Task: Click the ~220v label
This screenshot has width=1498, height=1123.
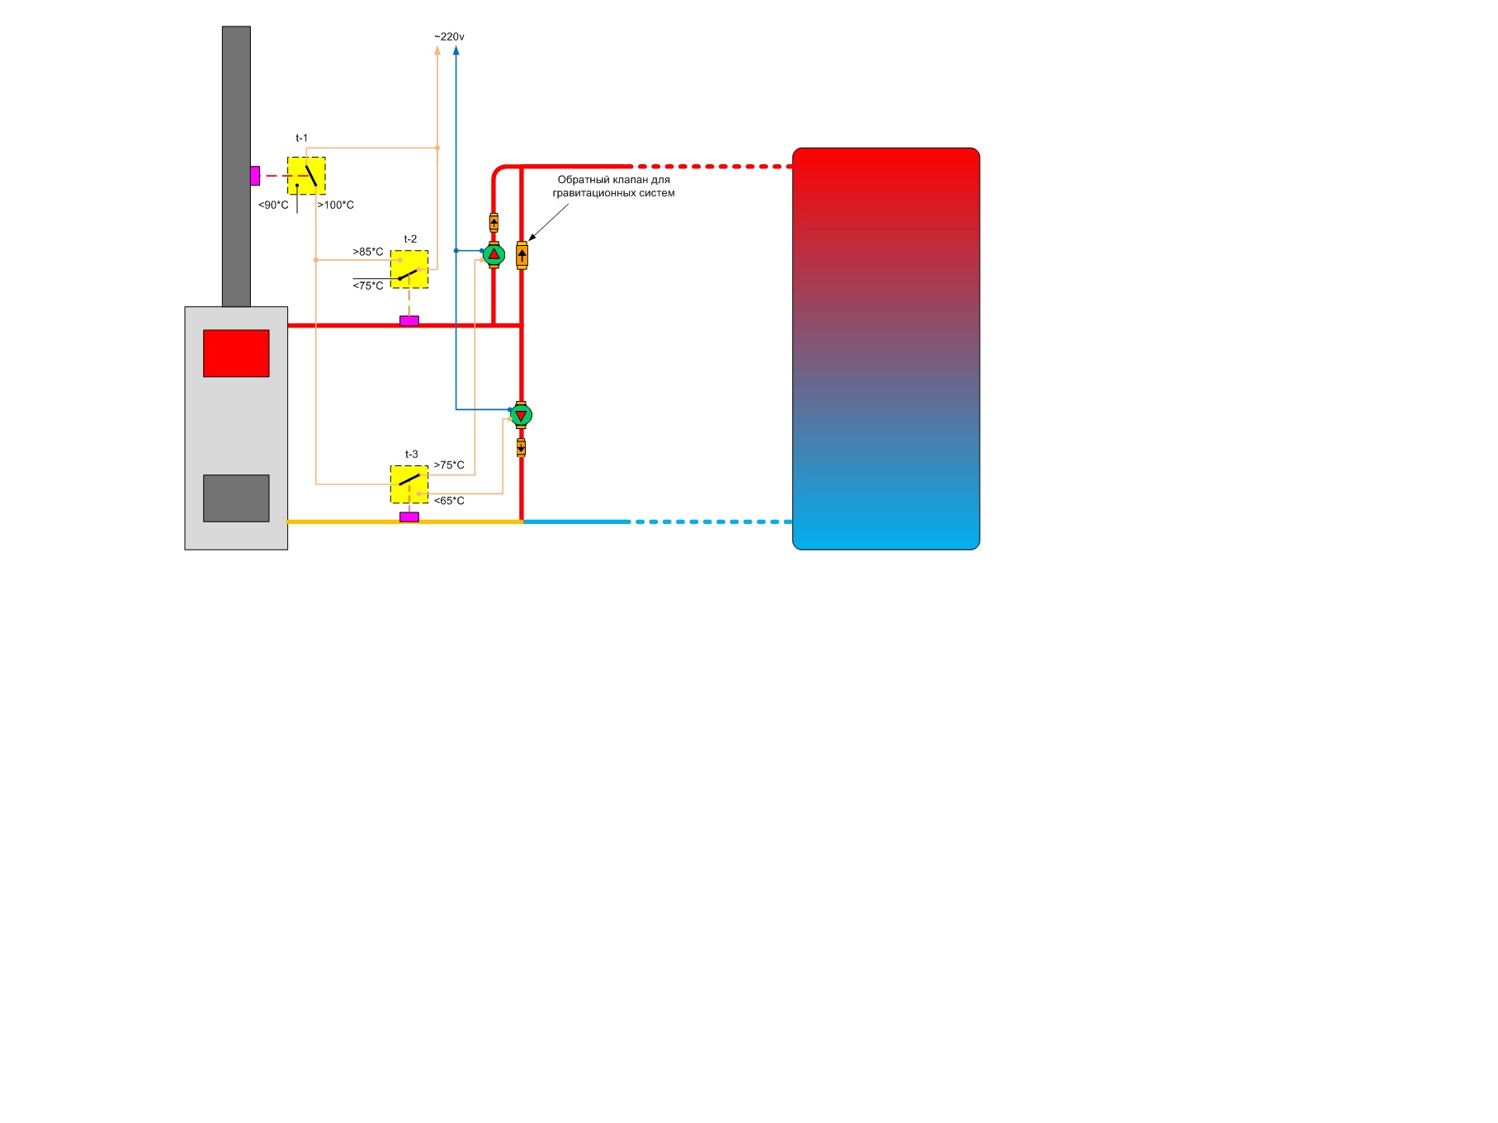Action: [449, 37]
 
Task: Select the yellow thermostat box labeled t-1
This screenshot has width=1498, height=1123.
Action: [306, 176]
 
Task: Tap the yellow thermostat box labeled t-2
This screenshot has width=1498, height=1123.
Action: [409, 269]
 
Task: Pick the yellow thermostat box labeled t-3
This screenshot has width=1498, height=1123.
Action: [409, 484]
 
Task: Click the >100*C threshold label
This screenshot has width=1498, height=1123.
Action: [335, 205]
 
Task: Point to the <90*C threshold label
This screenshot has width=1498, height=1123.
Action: [273, 205]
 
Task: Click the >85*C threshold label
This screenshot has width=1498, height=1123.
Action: [368, 252]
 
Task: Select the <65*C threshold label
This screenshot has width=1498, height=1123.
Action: [449, 501]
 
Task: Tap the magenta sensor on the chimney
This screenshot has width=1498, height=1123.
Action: [255, 176]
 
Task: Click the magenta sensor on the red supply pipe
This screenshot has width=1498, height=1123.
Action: [409, 321]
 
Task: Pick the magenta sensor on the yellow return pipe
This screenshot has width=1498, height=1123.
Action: [409, 517]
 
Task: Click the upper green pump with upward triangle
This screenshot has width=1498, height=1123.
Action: [494, 254]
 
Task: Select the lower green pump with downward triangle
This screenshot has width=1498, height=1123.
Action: [521, 415]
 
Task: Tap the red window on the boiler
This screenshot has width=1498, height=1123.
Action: [236, 353]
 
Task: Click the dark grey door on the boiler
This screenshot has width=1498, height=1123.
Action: [236, 498]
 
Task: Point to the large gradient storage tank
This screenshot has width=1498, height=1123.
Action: [886, 348]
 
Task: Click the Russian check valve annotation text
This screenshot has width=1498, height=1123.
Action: [613, 186]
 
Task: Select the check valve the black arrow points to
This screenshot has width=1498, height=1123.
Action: [522, 255]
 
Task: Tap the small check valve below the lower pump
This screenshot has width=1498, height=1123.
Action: [521, 448]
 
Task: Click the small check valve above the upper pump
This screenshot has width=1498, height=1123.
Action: [494, 222]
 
